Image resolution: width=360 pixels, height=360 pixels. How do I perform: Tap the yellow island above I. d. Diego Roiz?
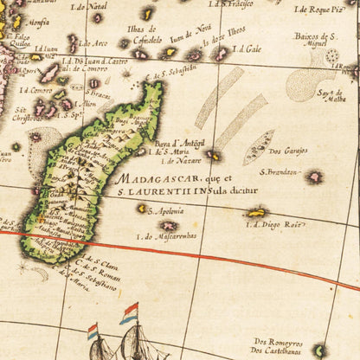click(x=255, y=212)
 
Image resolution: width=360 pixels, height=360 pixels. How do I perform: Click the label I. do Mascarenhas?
click(x=167, y=235)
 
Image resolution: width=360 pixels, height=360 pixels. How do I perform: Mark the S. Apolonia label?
click(x=167, y=210)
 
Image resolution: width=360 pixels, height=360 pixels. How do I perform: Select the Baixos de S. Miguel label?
click(x=315, y=40)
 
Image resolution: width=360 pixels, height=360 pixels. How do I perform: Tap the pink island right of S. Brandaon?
click(x=314, y=177)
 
